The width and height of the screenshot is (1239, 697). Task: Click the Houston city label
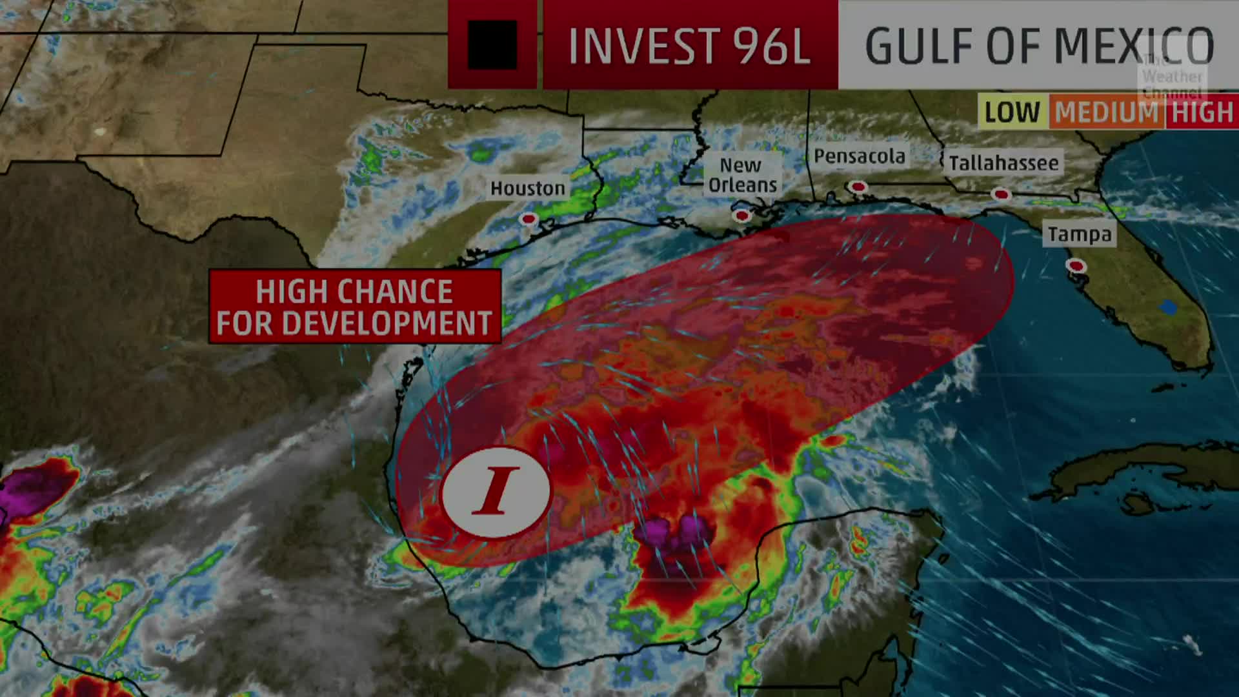(x=527, y=188)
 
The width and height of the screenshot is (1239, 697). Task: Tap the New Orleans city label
(x=742, y=176)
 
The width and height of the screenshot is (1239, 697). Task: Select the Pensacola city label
(x=859, y=156)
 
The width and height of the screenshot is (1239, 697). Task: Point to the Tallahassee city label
(x=1003, y=163)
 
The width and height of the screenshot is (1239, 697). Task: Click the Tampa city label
(x=1080, y=234)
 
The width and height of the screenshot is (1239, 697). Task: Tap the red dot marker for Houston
(x=529, y=219)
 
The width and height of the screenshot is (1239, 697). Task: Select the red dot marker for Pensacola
(x=858, y=187)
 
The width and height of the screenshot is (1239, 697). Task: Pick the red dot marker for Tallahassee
(x=1001, y=194)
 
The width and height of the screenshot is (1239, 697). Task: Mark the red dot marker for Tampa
(x=1076, y=265)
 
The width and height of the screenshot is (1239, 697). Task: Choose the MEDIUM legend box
(x=1107, y=112)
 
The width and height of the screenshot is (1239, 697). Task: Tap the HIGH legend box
(x=1202, y=112)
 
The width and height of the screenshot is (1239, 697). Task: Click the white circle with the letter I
(x=496, y=492)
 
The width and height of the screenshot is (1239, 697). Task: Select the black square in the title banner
(x=492, y=45)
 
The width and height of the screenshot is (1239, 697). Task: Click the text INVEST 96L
(x=689, y=46)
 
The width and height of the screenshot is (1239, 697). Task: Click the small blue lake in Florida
(x=1168, y=308)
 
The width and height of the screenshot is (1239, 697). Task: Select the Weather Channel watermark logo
(x=1171, y=76)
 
